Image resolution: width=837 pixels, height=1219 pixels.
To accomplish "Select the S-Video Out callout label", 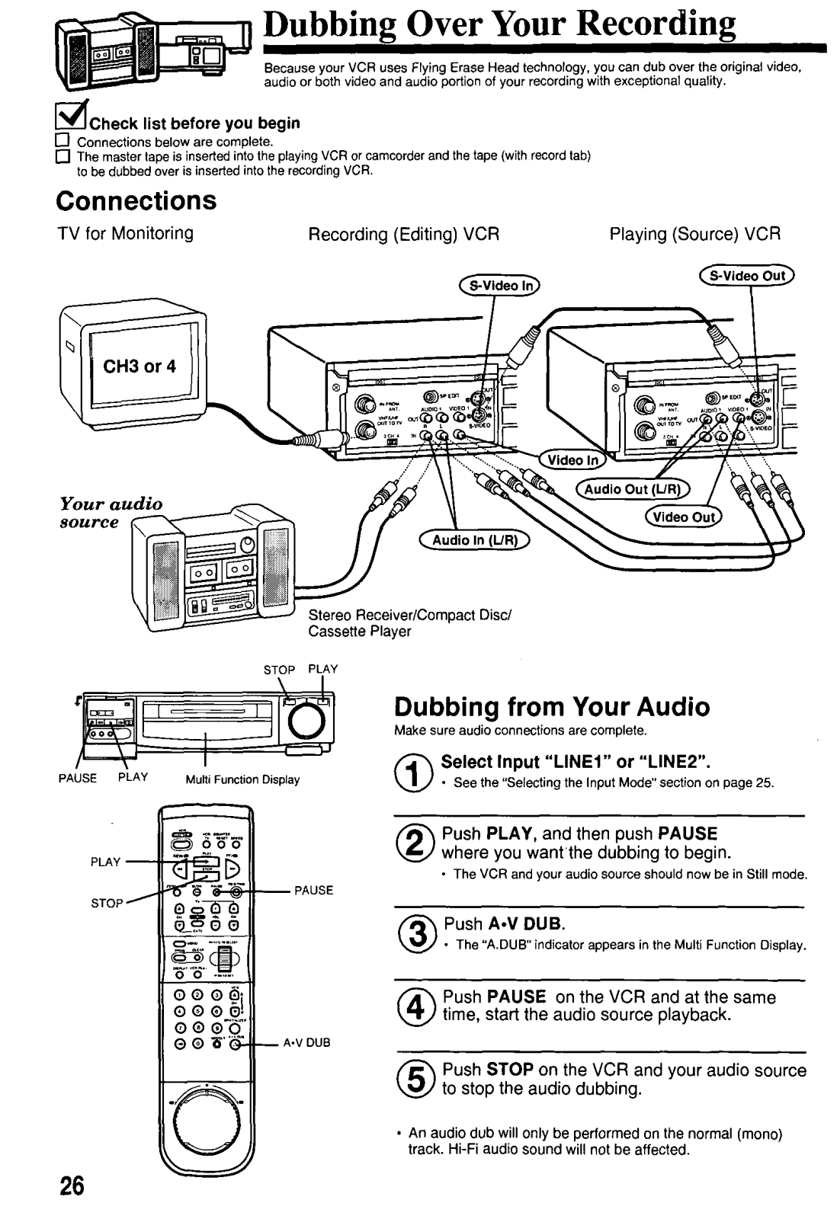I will point(746,276).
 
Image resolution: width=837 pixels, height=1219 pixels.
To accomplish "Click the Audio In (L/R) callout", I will point(475,542).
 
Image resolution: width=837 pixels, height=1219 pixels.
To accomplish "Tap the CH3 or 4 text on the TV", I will point(139,366).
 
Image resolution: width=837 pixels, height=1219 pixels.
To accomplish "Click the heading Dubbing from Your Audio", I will point(552,707).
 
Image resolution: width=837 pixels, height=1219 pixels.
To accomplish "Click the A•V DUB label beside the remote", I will point(307,1043).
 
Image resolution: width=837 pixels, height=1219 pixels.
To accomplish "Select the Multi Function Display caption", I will point(243,779).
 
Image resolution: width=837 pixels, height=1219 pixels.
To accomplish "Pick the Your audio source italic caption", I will point(111,513).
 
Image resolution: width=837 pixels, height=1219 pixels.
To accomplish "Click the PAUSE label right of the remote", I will point(314,890).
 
